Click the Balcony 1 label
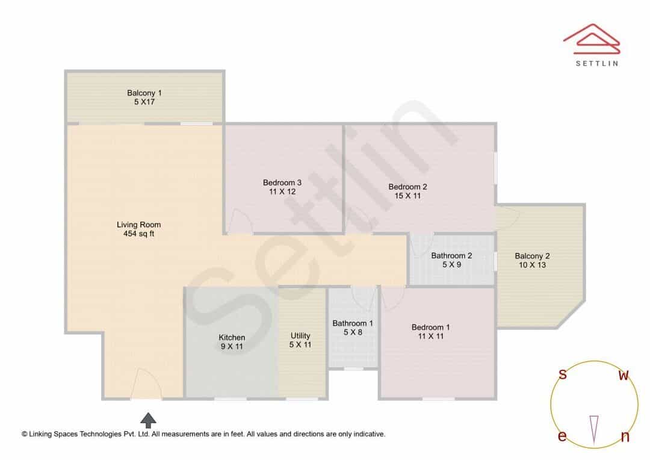pyautogui.click(x=144, y=93)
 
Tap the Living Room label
pyautogui.click(x=138, y=225)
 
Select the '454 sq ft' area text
pyautogui.click(x=138, y=234)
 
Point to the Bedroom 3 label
pyautogui.click(x=282, y=182)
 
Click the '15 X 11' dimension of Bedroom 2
pyautogui.click(x=407, y=196)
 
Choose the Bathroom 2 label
pyautogui.click(x=451, y=255)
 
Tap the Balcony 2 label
pyautogui.click(x=532, y=256)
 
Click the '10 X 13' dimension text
pyautogui.click(x=532, y=265)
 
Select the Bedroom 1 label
pyautogui.click(x=431, y=328)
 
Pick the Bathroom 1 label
pyautogui.click(x=353, y=323)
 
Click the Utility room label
pyautogui.click(x=300, y=335)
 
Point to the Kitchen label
pyautogui.click(x=232, y=338)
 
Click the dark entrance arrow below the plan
pyautogui.click(x=149, y=420)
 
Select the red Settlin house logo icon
pyautogui.click(x=592, y=39)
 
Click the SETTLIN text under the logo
pyautogui.click(x=597, y=63)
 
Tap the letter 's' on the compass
pyautogui.click(x=563, y=374)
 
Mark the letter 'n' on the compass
pyautogui.click(x=625, y=437)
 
